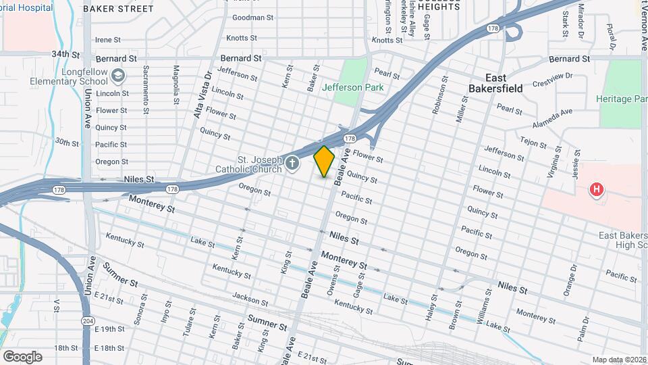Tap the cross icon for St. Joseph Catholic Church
tap(292, 163)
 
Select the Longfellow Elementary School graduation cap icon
tap(119, 75)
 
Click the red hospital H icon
tap(596, 190)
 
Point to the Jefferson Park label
tap(352, 87)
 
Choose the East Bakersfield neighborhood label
tap(495, 83)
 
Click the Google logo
tap(22, 356)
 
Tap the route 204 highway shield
tap(88, 320)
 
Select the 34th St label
tap(66, 54)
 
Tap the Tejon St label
tap(533, 141)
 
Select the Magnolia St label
tap(176, 81)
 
